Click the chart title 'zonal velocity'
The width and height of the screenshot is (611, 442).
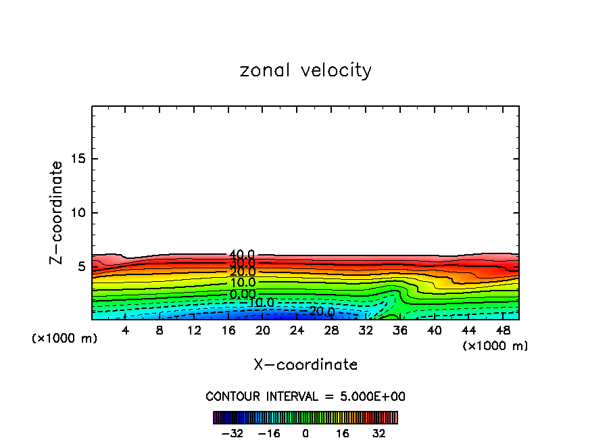point(305,70)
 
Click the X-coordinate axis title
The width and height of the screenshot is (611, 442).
point(305,364)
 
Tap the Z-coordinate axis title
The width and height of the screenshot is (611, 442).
point(57,212)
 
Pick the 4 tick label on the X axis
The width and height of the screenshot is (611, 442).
point(126,330)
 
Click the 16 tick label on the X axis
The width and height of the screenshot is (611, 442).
point(228,330)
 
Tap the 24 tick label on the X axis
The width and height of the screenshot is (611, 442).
point(297,330)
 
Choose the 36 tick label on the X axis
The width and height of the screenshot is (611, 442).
point(399,330)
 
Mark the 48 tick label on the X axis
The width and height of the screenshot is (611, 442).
point(502,330)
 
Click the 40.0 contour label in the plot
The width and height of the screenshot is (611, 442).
point(242,255)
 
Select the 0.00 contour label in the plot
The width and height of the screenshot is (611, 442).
point(242,294)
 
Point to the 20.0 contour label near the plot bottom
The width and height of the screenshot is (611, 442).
point(321,312)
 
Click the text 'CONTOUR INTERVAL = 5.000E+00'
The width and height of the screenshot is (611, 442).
point(305,396)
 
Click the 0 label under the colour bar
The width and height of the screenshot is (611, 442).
point(305,433)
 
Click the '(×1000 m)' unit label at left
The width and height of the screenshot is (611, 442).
point(65,339)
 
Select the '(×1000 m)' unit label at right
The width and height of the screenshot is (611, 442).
point(495,346)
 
